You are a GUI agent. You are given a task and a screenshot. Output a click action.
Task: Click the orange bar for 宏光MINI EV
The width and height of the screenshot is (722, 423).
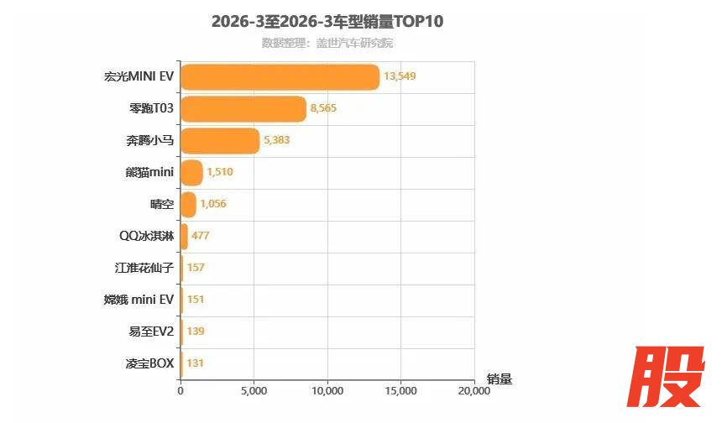point(280,77)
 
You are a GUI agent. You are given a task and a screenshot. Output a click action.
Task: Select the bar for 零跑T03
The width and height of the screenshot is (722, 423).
point(243,109)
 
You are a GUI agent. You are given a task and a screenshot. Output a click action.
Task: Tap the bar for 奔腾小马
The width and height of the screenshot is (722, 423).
point(220,141)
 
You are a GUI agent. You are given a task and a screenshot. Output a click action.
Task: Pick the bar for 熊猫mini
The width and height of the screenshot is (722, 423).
point(191,173)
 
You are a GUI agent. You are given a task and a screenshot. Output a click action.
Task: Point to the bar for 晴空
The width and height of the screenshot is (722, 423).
point(188,205)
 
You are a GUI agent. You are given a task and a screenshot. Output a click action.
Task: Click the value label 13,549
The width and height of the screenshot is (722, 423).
point(400,76)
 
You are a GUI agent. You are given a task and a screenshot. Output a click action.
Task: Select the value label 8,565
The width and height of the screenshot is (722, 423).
point(323,108)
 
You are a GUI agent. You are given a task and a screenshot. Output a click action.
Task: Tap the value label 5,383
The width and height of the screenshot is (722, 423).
point(276,140)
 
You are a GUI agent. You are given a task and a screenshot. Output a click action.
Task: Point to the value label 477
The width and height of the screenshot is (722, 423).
point(200,236)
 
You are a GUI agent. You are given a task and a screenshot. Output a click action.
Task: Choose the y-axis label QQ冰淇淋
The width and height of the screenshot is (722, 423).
point(147,236)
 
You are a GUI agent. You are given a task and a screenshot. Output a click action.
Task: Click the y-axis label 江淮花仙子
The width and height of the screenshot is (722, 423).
point(144,268)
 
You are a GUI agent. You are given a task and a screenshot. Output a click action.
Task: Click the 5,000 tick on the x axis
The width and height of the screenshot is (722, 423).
point(254,390)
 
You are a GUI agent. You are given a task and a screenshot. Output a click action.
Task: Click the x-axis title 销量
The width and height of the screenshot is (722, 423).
point(499,379)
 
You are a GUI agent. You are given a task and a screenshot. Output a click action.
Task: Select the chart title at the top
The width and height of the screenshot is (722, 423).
point(327,22)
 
